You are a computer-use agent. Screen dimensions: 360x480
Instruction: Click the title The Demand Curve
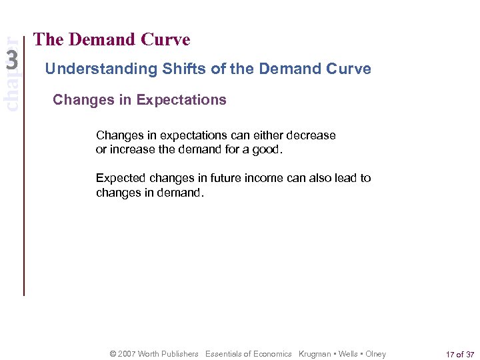[111, 40]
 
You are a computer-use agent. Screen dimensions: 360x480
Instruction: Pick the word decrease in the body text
[310, 135]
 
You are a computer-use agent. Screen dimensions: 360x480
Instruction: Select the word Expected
[121, 178]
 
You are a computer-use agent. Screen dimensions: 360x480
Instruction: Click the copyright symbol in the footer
[113, 354]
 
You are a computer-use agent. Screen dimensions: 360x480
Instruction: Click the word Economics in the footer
[271, 354]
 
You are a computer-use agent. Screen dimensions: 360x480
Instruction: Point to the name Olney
[375, 354]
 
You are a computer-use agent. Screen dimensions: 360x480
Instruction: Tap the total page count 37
[469, 354]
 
